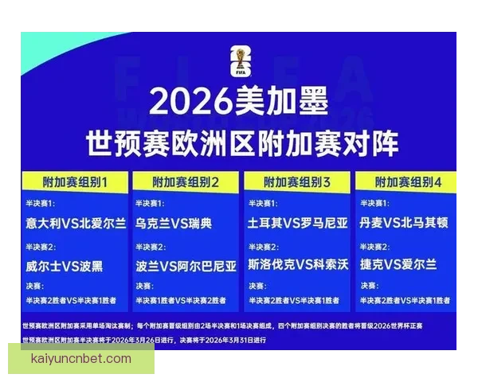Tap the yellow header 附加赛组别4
[409, 182]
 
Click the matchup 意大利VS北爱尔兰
[76, 224]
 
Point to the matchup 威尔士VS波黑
[64, 265]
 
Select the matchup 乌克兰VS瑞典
[173, 224]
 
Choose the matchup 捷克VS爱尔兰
[398, 265]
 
